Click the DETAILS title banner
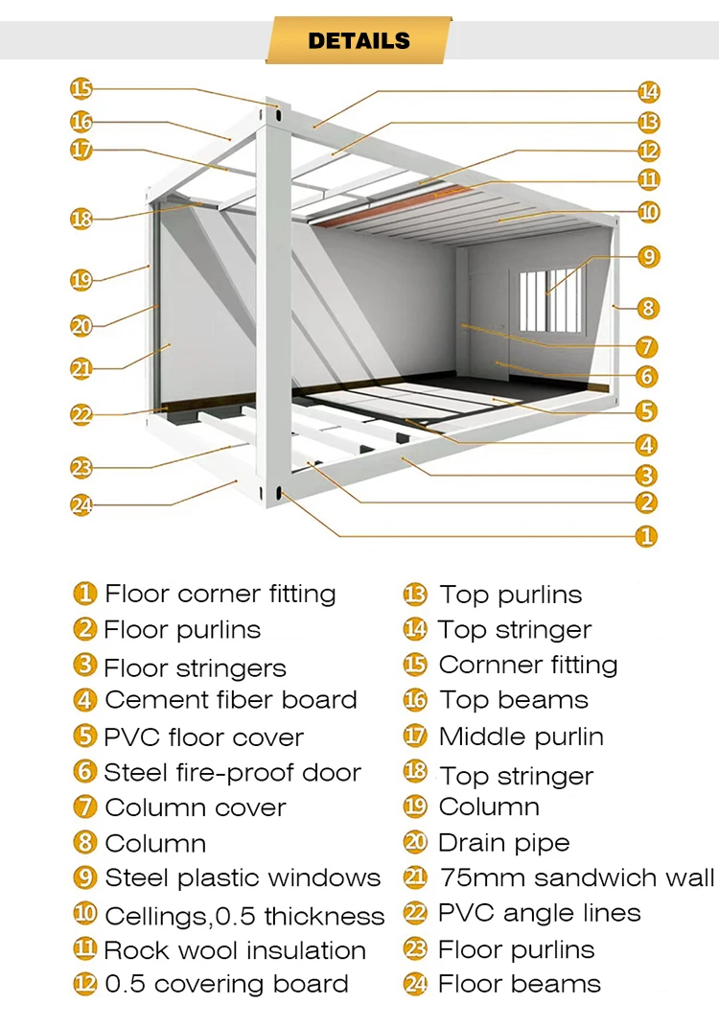point(359,40)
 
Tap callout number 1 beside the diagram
point(647,536)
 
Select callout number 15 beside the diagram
point(81,89)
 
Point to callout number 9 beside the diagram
point(649,256)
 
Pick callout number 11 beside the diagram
point(649,179)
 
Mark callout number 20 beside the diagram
point(81,326)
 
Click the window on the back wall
point(550,300)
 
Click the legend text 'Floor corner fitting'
point(220,594)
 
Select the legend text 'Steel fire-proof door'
point(232,772)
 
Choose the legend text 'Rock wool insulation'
point(235,950)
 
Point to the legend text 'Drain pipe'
point(503,843)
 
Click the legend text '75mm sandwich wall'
point(576,877)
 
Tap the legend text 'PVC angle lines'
point(539,913)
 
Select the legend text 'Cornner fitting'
point(527,665)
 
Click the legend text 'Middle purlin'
point(521,736)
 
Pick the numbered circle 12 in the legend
point(85,984)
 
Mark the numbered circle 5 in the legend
point(85,736)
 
